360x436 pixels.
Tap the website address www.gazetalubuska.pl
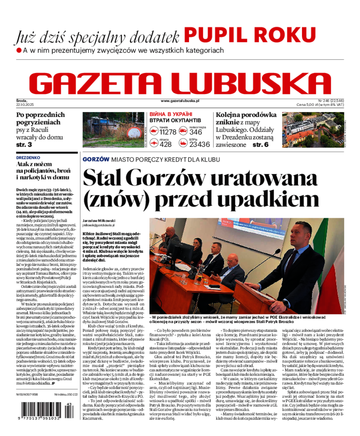[180, 101]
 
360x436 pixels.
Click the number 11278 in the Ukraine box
[168, 132]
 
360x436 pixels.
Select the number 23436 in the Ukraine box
[199, 144]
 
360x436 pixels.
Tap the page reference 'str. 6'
[260, 145]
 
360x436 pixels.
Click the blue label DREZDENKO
[28, 158]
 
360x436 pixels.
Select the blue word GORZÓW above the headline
[96, 159]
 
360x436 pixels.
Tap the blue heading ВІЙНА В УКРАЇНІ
[171, 114]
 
